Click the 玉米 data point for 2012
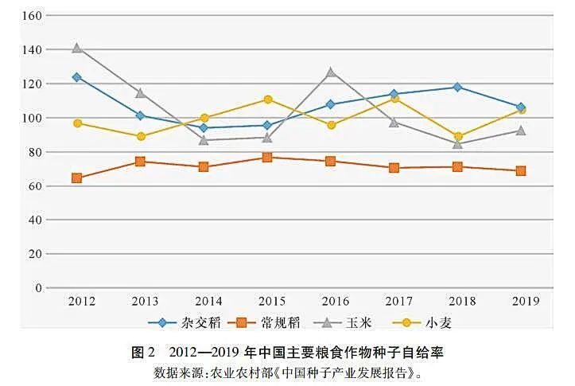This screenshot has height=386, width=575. click(77, 48)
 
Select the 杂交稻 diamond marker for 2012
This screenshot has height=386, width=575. click(77, 77)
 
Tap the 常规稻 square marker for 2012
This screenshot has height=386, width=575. click(77, 177)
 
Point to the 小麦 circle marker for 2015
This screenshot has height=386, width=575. click(268, 99)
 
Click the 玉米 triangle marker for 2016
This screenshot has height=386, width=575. click(331, 72)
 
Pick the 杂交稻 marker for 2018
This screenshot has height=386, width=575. click(457, 87)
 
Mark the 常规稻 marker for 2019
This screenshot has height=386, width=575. click(521, 170)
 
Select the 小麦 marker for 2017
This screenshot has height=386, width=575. click(394, 99)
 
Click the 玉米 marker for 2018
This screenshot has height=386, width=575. click(457, 144)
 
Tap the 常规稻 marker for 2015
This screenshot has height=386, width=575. click(268, 158)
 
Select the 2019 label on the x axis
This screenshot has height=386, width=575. click(525, 301)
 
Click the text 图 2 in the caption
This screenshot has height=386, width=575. click(143, 351)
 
